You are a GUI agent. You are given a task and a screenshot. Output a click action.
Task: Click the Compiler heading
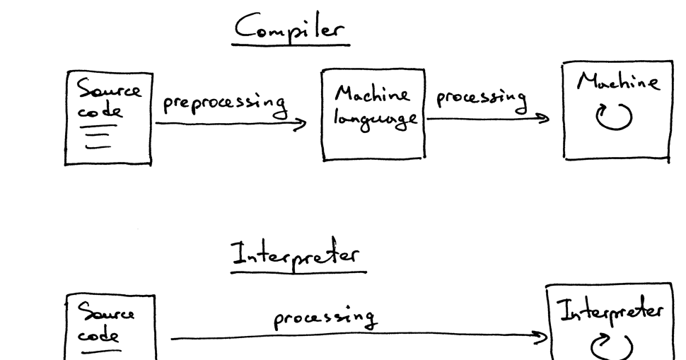291,28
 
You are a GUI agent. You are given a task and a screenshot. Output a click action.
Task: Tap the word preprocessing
225,105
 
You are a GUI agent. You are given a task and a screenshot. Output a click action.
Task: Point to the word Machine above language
373,93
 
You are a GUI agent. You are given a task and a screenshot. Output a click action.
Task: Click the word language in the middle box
373,118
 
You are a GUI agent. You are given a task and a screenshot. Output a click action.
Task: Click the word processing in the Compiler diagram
481,99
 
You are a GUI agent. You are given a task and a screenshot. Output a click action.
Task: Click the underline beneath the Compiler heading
291,44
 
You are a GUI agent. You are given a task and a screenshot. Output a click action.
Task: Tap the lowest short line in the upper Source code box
97,148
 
